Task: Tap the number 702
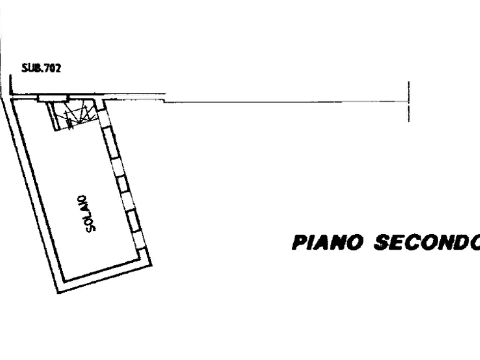(53, 68)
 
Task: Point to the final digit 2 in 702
(58, 68)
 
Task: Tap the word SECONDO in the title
(427, 242)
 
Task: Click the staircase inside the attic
(74, 115)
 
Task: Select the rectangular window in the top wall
(52, 98)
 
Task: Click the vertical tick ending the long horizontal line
(409, 102)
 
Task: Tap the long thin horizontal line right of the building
(286, 102)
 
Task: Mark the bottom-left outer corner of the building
(58, 293)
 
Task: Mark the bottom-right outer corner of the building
(152, 265)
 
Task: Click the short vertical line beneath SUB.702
(10, 85)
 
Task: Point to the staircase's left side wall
(52, 116)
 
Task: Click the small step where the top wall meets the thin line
(164, 100)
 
